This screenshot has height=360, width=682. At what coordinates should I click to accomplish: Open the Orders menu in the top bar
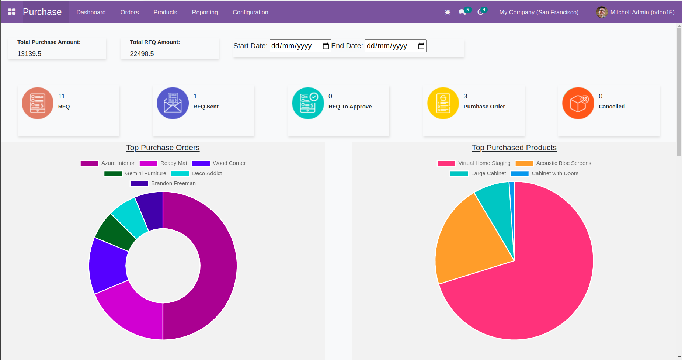[129, 12]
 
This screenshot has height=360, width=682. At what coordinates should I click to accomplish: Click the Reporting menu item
[205, 12]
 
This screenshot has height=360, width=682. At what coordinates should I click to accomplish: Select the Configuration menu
[250, 12]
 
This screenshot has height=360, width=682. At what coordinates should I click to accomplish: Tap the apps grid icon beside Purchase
[12, 12]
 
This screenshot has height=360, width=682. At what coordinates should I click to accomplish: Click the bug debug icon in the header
[448, 12]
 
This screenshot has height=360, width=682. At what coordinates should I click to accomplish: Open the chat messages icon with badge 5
[462, 12]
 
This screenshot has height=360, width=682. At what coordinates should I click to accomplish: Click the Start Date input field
[295, 46]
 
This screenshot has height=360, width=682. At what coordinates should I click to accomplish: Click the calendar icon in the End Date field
[421, 46]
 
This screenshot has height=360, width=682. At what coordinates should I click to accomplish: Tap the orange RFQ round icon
[38, 103]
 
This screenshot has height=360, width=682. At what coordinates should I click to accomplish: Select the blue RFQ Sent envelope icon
[173, 103]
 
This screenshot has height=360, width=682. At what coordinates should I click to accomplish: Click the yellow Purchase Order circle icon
[443, 103]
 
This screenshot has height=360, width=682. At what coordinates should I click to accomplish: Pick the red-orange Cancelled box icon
[578, 103]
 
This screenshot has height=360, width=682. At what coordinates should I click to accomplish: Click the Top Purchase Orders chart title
[163, 148]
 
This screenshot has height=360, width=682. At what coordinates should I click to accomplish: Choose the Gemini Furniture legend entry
[135, 173]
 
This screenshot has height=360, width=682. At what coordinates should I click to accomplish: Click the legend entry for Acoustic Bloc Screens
[553, 163]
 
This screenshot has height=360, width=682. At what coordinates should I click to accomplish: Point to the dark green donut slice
[116, 233]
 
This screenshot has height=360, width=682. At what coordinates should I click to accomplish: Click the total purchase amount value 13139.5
[29, 54]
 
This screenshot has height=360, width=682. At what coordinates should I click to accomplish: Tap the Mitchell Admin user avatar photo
[602, 12]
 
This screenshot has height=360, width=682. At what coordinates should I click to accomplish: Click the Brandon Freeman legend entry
[163, 183]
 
